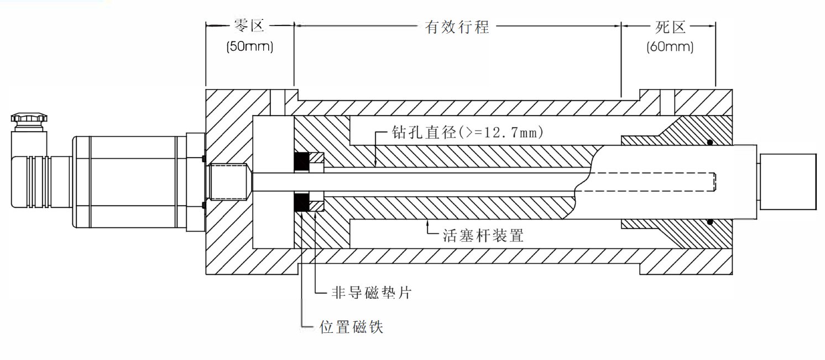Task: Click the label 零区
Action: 250,25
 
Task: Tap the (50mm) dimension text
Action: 250,46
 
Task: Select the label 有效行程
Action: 457,26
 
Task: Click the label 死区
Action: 670,26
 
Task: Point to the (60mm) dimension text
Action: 670,47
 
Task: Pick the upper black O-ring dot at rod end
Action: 709,142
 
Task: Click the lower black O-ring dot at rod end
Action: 709,222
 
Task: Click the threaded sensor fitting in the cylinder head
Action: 228,181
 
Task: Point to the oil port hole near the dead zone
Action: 667,102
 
